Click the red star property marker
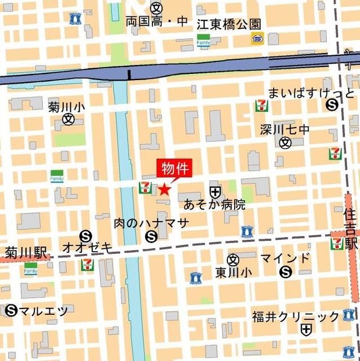point(164,190)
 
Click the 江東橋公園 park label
point(229,24)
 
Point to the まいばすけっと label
point(311,93)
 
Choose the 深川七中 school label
point(285,129)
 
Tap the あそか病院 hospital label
point(215,205)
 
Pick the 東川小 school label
point(234,272)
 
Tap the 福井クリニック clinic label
point(296,316)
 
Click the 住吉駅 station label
point(352,229)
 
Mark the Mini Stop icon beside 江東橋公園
point(257,38)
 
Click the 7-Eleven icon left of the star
point(145,187)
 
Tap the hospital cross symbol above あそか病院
point(214,192)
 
